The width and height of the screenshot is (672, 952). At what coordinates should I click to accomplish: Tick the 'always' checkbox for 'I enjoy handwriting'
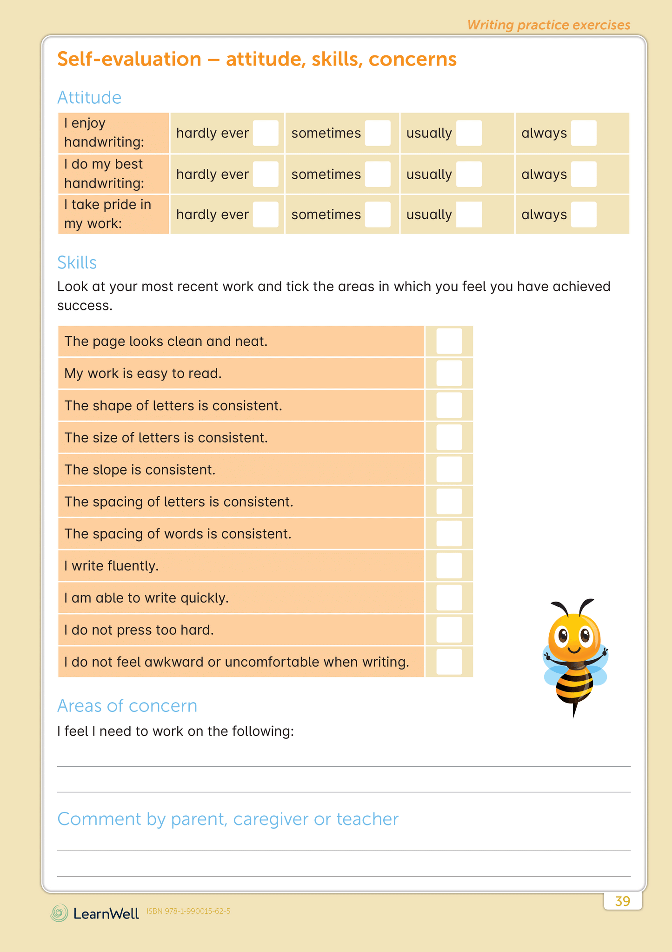point(583,133)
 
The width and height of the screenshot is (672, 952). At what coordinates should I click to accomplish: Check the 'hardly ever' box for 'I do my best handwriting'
point(266,174)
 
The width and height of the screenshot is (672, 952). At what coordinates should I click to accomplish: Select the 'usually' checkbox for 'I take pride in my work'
point(469,215)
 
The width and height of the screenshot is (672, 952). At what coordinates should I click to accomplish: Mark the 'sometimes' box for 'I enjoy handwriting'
point(377,133)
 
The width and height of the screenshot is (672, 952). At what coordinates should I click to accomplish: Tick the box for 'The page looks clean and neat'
point(449,341)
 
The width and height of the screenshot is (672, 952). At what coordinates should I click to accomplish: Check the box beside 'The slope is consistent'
point(449,469)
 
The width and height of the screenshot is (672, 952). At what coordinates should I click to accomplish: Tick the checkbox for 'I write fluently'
point(449,566)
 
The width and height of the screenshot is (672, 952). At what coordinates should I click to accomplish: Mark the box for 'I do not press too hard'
point(449,630)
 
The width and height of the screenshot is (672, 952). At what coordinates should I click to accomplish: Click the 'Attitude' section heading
point(89,98)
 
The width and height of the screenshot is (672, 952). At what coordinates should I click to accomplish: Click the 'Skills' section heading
point(77,263)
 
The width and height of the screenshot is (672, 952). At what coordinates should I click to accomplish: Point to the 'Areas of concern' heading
point(127,706)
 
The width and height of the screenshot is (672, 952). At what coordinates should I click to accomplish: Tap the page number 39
point(622,901)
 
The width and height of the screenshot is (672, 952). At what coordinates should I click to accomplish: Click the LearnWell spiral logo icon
point(59,913)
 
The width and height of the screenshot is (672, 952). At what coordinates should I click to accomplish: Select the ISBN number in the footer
point(188,911)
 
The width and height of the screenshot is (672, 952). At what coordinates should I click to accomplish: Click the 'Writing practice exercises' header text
point(549,25)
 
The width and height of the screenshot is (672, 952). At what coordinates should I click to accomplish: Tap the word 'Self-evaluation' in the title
point(129,60)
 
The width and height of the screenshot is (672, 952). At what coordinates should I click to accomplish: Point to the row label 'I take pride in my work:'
point(108,214)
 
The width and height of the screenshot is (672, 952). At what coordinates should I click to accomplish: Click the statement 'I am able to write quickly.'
point(146,598)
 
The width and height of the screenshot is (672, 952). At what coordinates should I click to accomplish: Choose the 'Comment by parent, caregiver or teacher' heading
point(228,819)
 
